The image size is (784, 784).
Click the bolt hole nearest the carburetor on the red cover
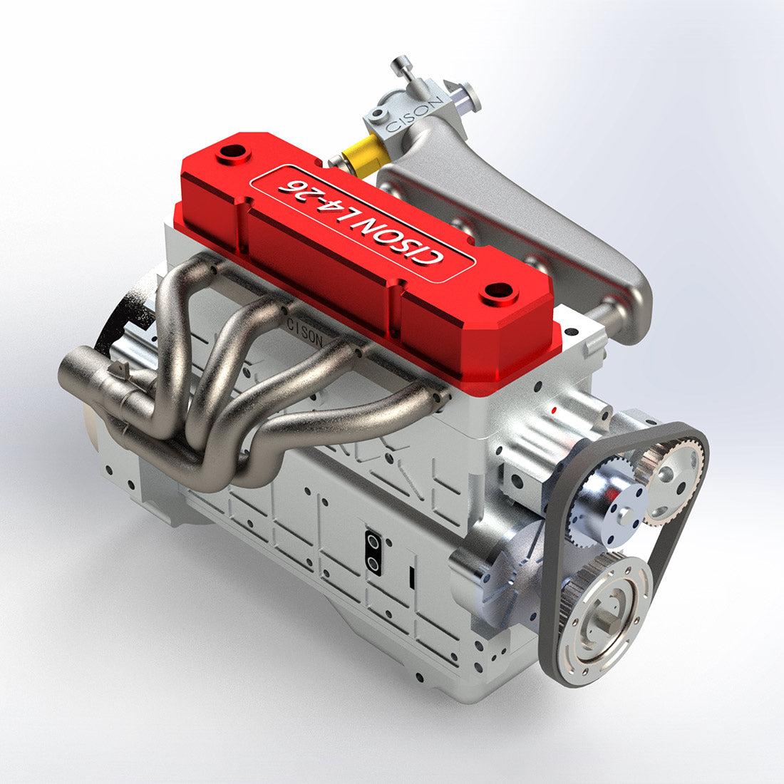pyautogui.click(x=232, y=153)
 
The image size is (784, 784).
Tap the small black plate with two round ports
pyautogui.click(x=373, y=552)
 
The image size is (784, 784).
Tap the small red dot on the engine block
pyautogui.click(x=554, y=411)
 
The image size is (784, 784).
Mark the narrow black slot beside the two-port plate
pyautogui.click(x=412, y=578)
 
